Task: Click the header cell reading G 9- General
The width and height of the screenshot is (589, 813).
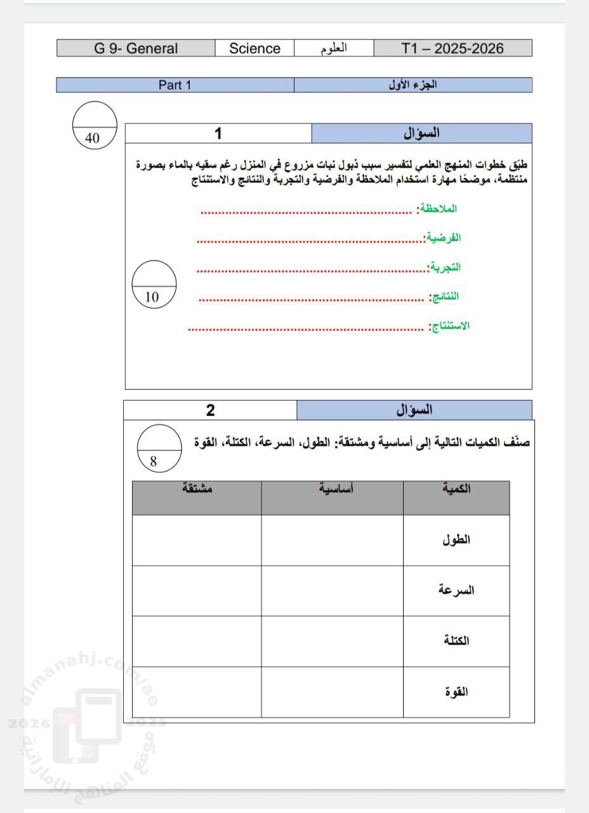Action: (x=136, y=48)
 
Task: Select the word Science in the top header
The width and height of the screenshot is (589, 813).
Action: (x=255, y=48)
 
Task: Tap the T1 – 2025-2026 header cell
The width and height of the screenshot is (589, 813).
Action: (x=453, y=48)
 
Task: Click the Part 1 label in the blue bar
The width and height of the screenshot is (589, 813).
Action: (x=175, y=85)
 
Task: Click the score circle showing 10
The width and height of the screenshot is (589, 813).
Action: (x=154, y=284)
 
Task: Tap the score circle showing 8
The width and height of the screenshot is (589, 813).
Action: (x=159, y=448)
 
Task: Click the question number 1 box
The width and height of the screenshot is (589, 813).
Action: (x=218, y=133)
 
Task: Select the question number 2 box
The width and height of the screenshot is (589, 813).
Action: (x=210, y=410)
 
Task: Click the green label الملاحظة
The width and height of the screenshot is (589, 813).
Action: (x=437, y=208)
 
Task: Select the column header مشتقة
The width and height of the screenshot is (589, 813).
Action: (x=197, y=489)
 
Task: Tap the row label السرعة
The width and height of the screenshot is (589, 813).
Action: (x=456, y=590)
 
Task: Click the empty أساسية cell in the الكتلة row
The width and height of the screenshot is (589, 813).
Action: (x=332, y=641)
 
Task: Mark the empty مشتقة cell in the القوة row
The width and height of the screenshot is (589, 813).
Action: (x=197, y=692)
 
